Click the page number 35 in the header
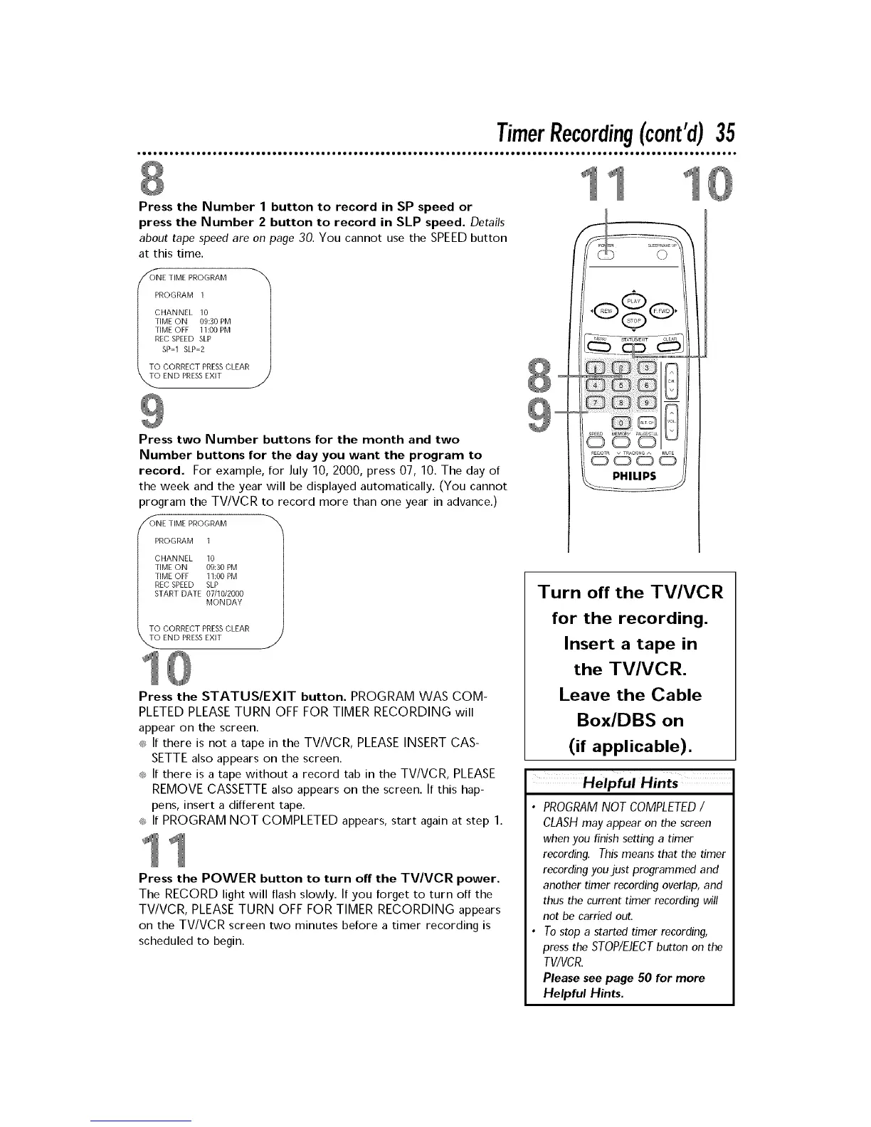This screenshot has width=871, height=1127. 725,133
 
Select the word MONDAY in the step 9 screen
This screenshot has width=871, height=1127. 223,602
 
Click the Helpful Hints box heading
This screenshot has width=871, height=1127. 629,783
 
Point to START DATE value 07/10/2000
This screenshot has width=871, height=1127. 224,593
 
